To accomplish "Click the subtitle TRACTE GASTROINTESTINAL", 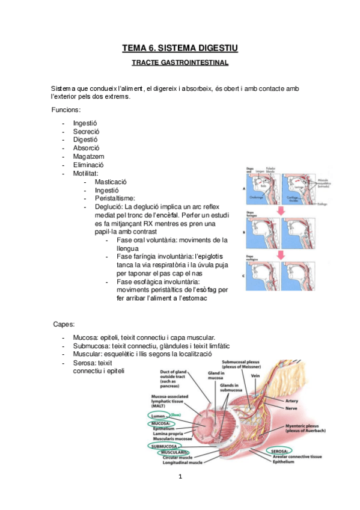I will [180, 63].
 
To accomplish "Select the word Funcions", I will [66, 110].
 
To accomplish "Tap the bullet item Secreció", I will [86, 131].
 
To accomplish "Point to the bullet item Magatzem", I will [88, 156].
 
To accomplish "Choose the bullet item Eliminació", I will [88, 165].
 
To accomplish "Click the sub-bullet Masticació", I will [112, 182].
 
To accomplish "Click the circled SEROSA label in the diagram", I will [279, 450].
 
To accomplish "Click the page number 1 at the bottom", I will [180, 478].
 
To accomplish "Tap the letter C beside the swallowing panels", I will [243, 276].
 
